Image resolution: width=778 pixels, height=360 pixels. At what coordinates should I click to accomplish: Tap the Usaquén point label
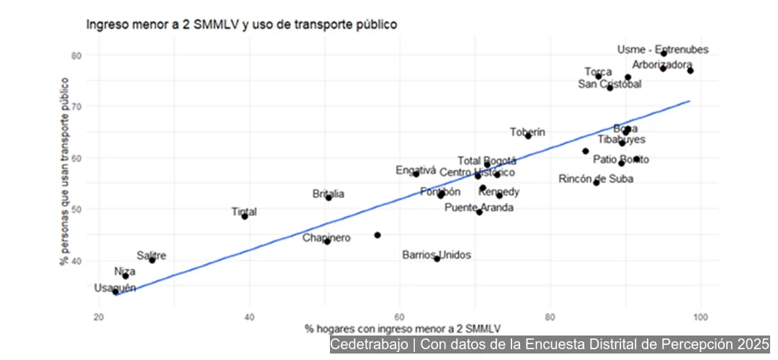(115, 288)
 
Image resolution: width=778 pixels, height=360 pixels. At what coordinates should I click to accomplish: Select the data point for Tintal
(245, 216)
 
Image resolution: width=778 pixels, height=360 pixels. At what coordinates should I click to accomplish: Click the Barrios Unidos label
(437, 255)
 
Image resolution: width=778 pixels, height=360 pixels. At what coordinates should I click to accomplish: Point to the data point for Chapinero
(327, 242)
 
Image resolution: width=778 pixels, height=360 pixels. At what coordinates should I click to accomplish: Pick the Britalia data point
(328, 197)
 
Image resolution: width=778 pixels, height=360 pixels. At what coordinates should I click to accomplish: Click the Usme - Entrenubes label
(663, 50)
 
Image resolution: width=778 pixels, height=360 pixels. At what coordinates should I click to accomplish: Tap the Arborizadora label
(662, 64)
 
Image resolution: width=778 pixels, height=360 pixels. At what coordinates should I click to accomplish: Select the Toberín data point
(528, 135)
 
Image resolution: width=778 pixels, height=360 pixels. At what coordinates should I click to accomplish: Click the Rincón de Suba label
(596, 179)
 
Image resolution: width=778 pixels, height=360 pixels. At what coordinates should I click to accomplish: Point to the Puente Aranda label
(479, 207)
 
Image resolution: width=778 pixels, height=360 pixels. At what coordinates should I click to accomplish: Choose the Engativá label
(416, 171)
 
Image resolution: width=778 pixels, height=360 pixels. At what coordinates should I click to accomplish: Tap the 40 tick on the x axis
(250, 316)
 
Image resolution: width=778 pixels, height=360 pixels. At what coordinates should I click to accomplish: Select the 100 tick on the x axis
(700, 316)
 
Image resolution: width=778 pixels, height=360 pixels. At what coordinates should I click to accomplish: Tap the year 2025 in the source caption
(754, 345)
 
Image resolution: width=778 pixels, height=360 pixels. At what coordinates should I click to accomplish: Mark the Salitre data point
(152, 260)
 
